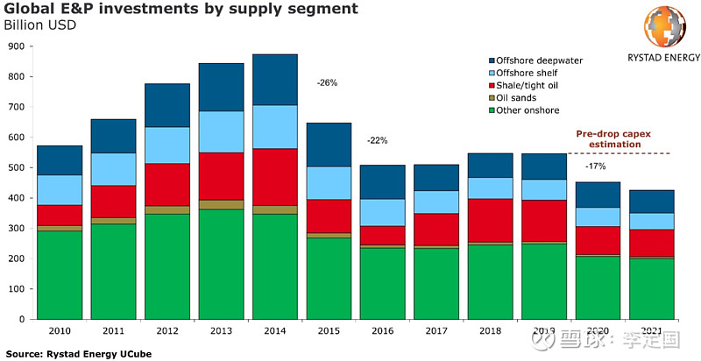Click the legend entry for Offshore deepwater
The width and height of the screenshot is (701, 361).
(x=538, y=60)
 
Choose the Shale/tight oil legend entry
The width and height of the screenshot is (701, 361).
(x=533, y=85)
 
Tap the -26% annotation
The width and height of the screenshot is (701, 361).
(x=328, y=83)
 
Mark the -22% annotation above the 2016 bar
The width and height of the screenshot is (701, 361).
(x=377, y=140)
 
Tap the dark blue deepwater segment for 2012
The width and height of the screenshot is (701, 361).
(x=167, y=105)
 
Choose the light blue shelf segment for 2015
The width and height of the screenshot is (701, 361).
(x=329, y=183)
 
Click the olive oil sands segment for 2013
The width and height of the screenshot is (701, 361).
(x=221, y=205)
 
